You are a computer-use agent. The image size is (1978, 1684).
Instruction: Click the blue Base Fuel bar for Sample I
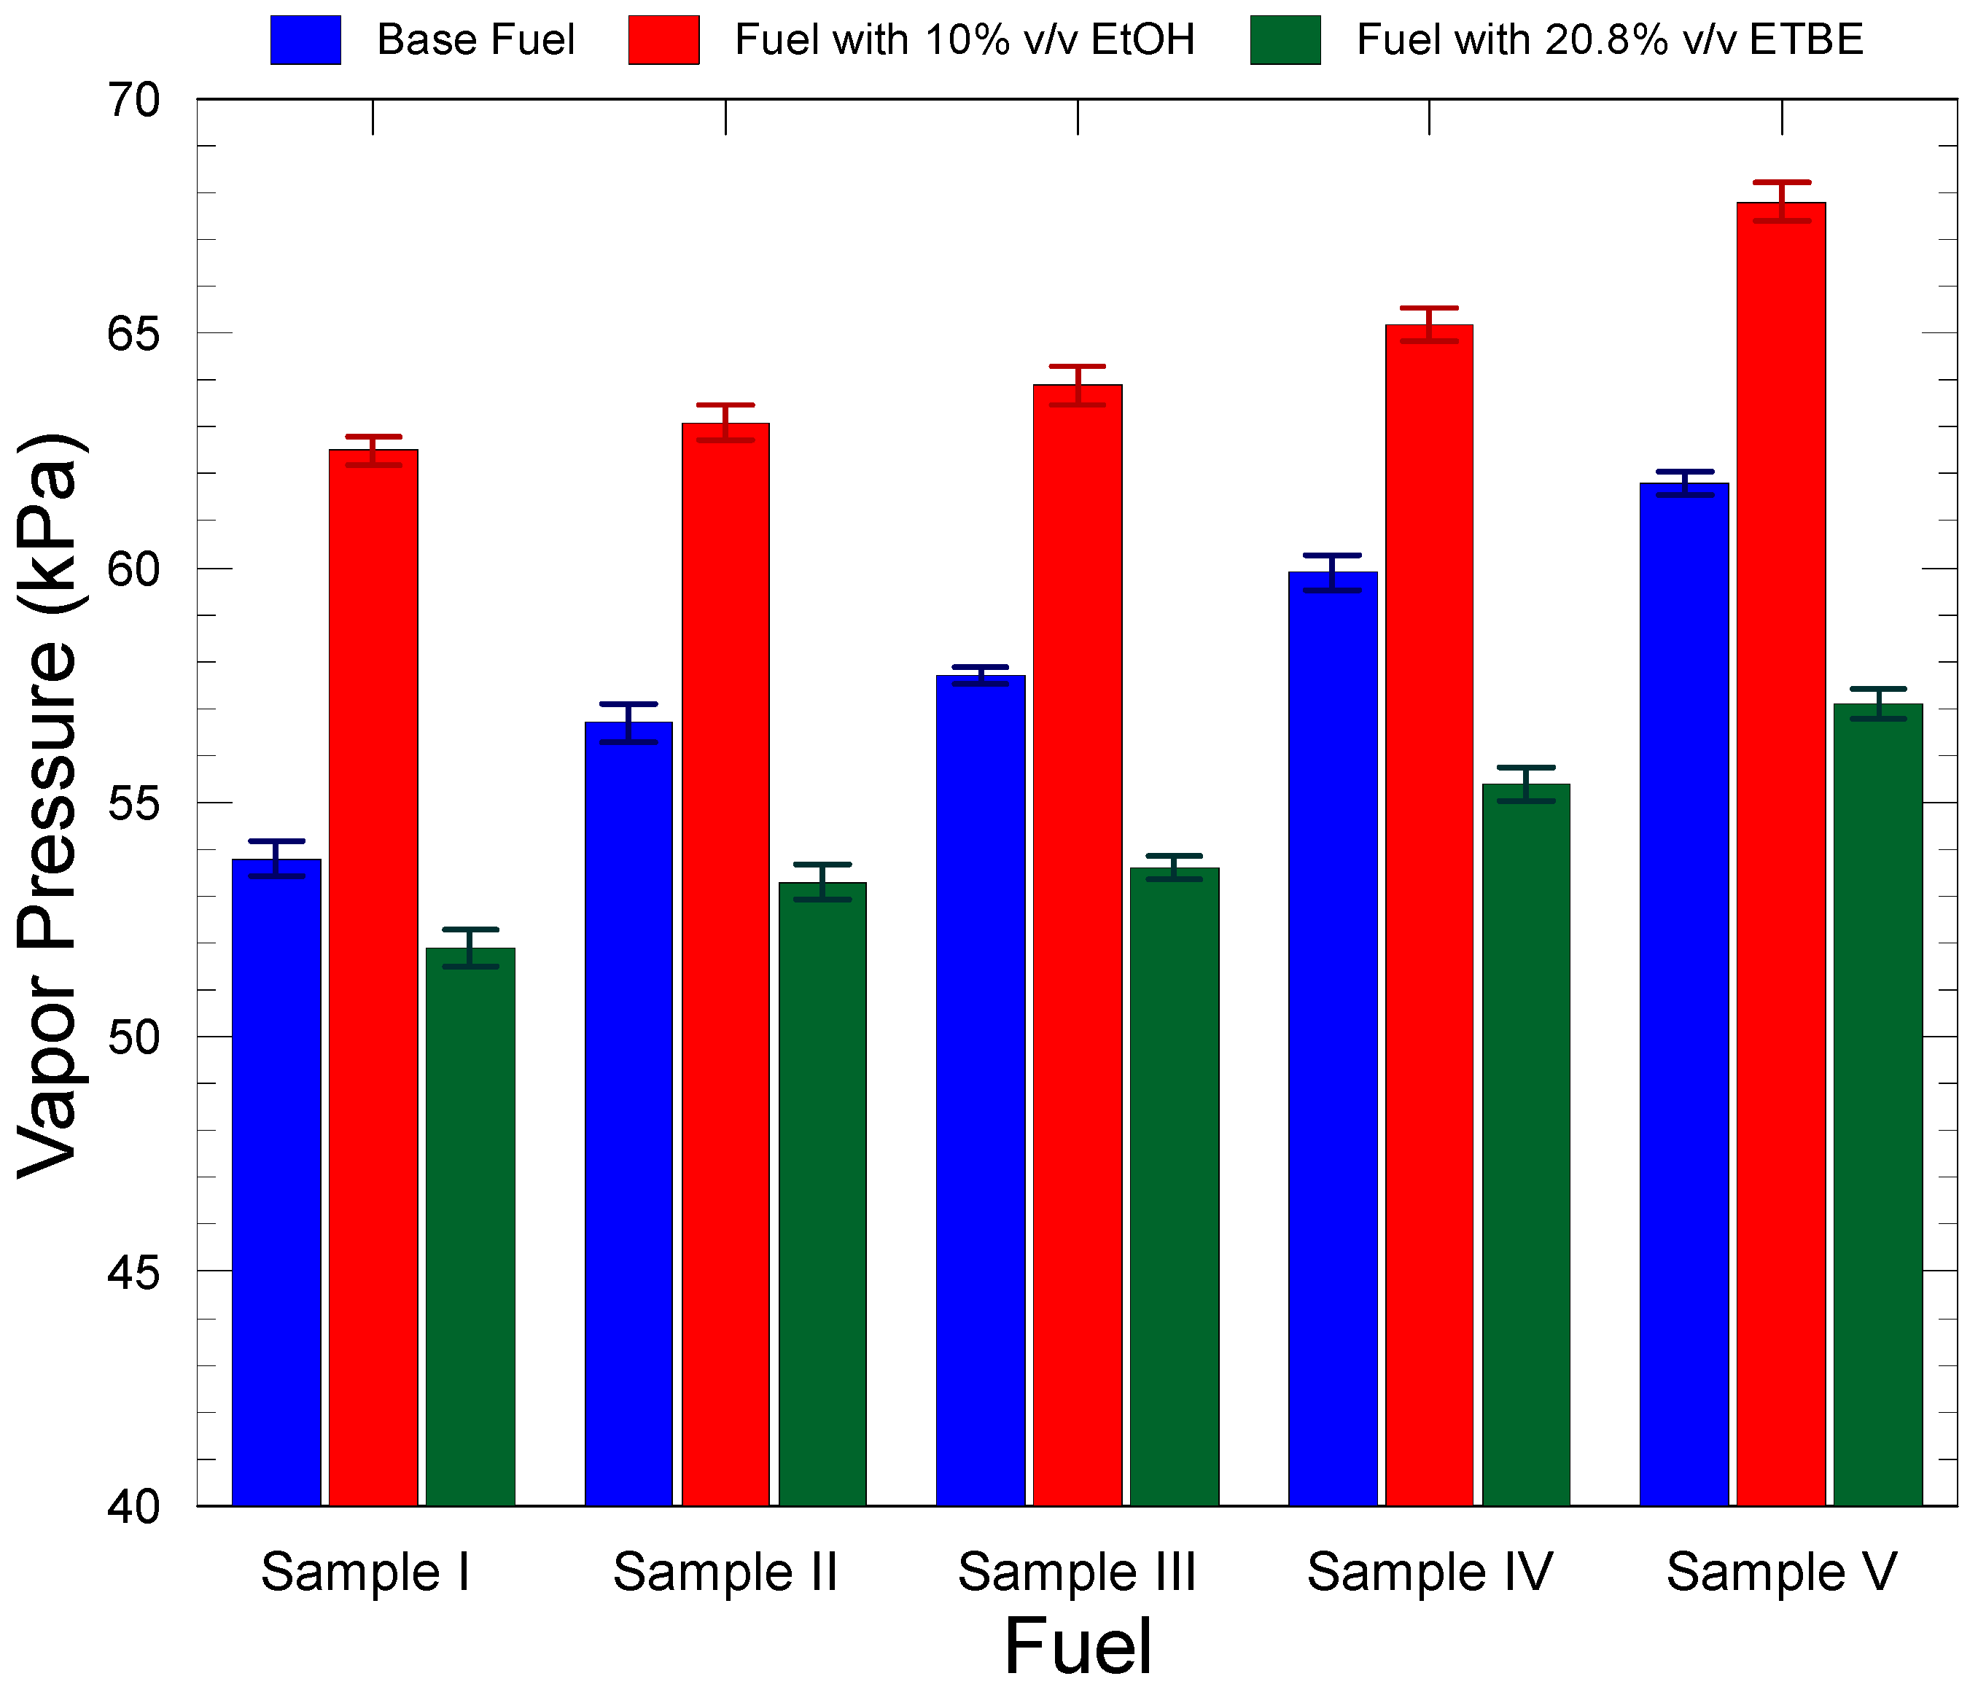coord(277,1184)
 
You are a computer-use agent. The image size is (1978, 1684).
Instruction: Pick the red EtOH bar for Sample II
coord(725,964)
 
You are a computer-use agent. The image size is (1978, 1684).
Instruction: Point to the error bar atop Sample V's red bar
coord(1781,201)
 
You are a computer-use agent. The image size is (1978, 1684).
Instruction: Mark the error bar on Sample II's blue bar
coord(628,722)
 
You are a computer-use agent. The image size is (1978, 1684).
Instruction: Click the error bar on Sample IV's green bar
coord(1527,784)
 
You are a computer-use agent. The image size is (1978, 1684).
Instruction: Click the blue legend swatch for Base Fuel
coord(305,40)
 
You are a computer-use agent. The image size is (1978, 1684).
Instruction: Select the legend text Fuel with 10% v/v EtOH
coord(964,40)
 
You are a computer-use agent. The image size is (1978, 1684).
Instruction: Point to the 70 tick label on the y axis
coord(133,101)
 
